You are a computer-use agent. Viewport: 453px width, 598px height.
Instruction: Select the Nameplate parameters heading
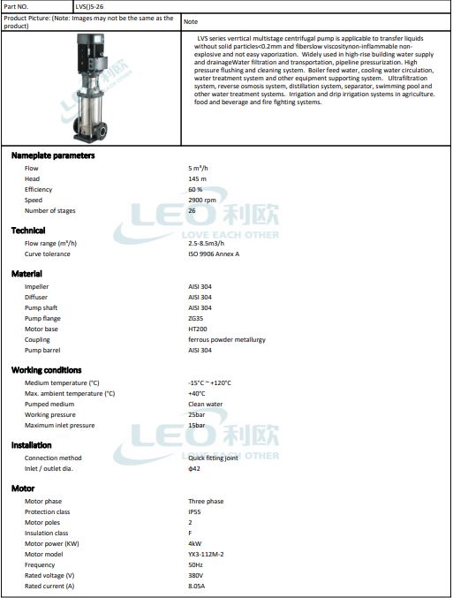[x=53, y=155]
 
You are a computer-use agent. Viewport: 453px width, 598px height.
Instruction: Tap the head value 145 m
[x=198, y=178]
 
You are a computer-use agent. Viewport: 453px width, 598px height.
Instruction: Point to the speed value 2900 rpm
[x=202, y=201]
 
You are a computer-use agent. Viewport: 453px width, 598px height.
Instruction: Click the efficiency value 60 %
[x=195, y=189]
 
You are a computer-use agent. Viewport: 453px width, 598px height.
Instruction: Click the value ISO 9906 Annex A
[x=214, y=254]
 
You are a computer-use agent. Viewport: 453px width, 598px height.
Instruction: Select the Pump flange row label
[x=43, y=318]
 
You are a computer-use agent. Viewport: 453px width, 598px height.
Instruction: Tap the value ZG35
[x=196, y=318]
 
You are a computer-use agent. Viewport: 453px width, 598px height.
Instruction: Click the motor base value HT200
[x=198, y=329]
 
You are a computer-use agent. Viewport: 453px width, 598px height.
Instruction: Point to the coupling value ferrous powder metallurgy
[x=227, y=339]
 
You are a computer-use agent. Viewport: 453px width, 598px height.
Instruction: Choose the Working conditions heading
[x=47, y=370]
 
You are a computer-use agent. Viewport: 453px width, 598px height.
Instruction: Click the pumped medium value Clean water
[x=206, y=404]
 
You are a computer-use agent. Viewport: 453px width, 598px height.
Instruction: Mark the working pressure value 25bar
[x=197, y=414]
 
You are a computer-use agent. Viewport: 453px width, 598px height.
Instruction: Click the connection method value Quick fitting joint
[x=214, y=458]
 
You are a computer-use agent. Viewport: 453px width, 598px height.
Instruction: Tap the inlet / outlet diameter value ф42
[x=194, y=468]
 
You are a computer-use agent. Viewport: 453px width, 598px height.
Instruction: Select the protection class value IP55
[x=194, y=511]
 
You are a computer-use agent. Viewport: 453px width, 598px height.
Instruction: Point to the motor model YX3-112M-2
[x=206, y=554]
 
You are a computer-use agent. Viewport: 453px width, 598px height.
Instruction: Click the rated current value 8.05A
[x=196, y=586]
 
